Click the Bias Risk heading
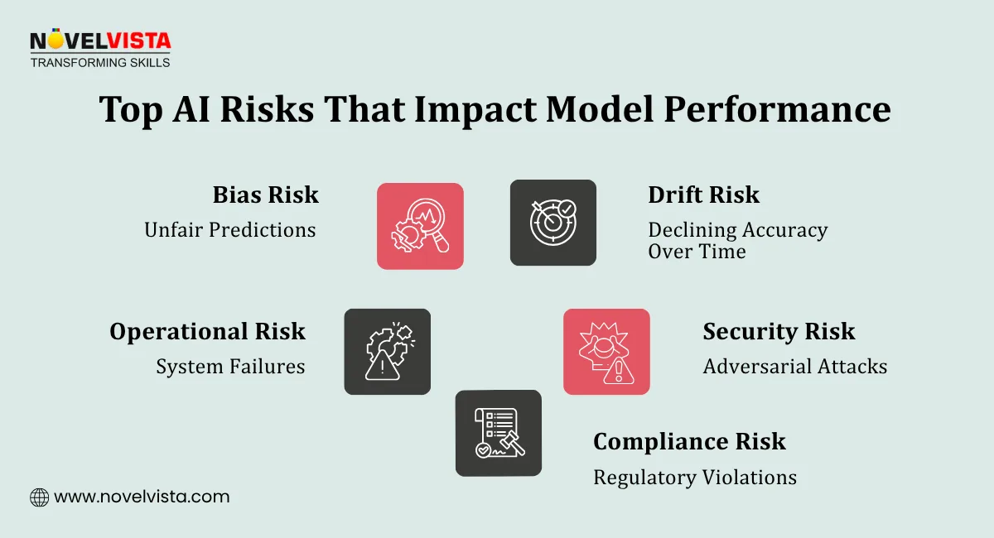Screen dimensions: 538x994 pyautogui.click(x=265, y=195)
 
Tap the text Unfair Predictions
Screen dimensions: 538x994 pyautogui.click(x=229, y=230)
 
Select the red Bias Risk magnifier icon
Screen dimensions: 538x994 pyautogui.click(x=420, y=226)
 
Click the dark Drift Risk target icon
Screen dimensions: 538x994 pyautogui.click(x=552, y=223)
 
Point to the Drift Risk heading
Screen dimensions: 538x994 pyautogui.click(x=703, y=195)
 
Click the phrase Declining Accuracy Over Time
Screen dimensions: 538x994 pyautogui.click(x=737, y=241)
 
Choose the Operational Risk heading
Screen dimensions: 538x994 pyautogui.click(x=207, y=332)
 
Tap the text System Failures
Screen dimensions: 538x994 pyautogui.click(x=230, y=366)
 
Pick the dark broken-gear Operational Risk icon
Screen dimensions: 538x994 pyautogui.click(x=387, y=352)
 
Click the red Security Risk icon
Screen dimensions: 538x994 pyautogui.click(x=606, y=352)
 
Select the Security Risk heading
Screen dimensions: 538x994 pyautogui.click(x=779, y=332)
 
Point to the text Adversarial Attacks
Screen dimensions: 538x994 pyautogui.click(x=794, y=366)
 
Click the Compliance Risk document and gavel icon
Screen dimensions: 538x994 pyautogui.click(x=498, y=433)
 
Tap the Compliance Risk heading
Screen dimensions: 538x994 pyautogui.click(x=689, y=442)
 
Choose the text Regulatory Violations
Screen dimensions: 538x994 pyautogui.click(x=694, y=478)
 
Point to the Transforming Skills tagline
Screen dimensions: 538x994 pyautogui.click(x=99, y=62)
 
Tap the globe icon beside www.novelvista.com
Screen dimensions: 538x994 pyautogui.click(x=39, y=497)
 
